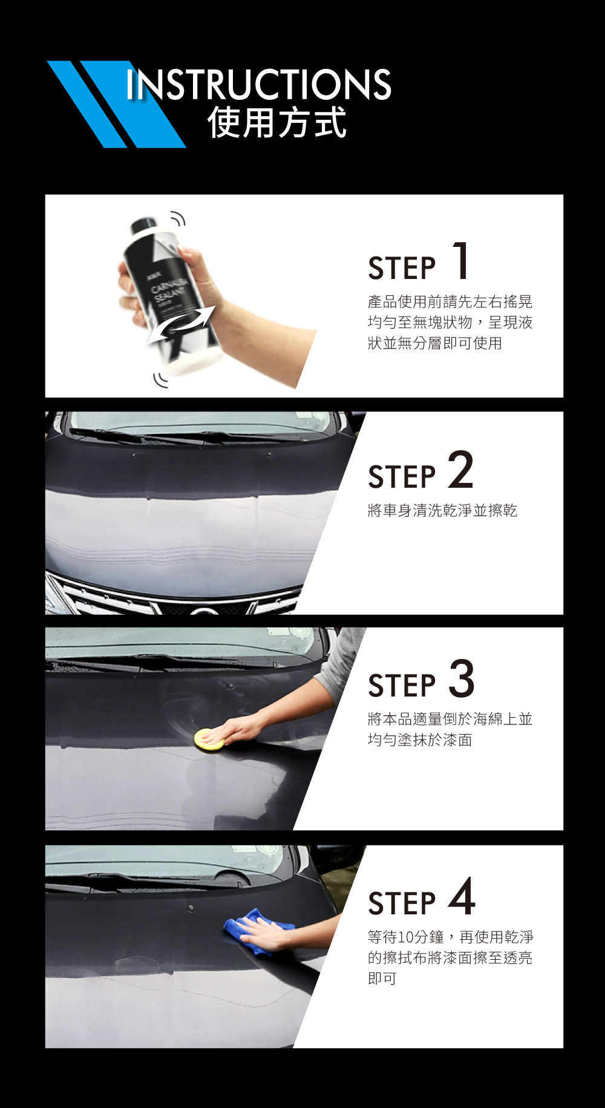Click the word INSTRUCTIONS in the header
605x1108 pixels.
(259, 84)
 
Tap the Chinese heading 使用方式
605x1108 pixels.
(278, 122)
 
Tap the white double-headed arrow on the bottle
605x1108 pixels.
(182, 324)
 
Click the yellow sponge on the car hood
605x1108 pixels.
(208, 739)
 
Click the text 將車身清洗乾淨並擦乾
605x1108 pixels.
(442, 511)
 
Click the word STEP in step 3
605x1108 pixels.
(402, 686)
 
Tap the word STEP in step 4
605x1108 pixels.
(402, 903)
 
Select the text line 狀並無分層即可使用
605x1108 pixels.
(435, 343)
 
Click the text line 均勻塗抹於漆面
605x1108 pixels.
(420, 739)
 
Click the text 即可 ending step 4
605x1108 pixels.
(382, 979)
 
